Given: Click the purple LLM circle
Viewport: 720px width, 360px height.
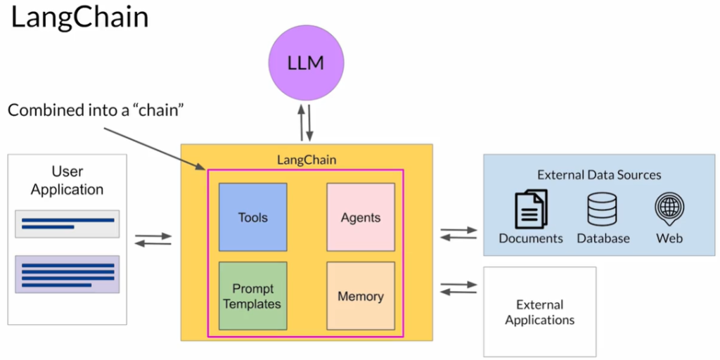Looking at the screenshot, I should click(x=306, y=63).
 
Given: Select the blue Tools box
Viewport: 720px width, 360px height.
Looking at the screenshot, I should click(x=253, y=217).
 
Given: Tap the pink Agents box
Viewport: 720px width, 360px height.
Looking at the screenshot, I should click(x=361, y=217).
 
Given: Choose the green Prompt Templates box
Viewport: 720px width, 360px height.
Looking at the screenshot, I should click(x=253, y=296).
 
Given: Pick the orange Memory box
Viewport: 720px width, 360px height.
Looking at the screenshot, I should click(x=361, y=296).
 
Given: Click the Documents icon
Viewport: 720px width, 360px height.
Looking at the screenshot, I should click(x=531, y=209).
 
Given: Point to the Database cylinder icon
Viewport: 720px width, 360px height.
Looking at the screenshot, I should click(x=603, y=209).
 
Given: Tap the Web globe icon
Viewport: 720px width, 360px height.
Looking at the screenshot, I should click(x=669, y=208).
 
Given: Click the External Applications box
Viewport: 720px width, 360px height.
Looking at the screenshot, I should click(x=539, y=311).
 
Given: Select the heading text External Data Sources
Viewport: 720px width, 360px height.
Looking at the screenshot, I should click(x=599, y=175).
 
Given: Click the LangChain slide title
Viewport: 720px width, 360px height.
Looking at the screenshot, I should click(x=79, y=18).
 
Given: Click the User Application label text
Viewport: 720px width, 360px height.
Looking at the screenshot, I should click(x=67, y=181).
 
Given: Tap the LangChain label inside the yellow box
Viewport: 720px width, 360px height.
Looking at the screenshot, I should click(x=307, y=160).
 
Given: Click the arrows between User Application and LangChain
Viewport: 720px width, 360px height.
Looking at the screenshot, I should click(x=153, y=239).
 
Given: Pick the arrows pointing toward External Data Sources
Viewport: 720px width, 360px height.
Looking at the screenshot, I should click(x=458, y=233).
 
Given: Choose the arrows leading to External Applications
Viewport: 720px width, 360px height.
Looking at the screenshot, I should click(x=458, y=288).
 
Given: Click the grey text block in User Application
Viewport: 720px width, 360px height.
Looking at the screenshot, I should click(x=67, y=224).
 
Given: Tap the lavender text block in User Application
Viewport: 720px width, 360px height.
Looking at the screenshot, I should click(x=67, y=274).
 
